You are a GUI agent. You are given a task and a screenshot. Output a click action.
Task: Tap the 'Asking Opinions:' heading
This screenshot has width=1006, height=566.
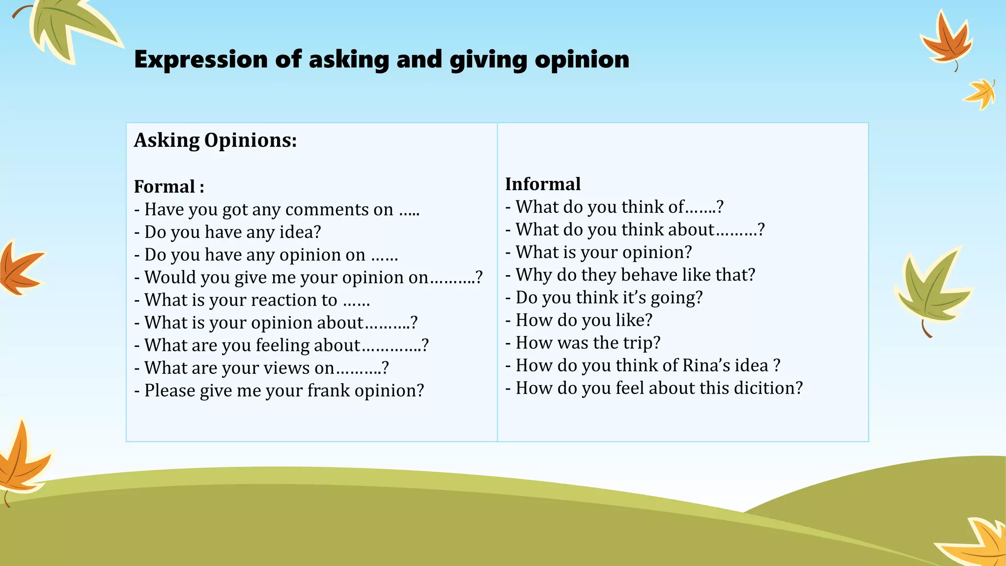215,141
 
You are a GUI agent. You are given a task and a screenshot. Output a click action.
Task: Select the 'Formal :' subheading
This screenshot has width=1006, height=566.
169,187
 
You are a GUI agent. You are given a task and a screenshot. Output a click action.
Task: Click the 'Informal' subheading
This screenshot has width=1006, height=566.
543,184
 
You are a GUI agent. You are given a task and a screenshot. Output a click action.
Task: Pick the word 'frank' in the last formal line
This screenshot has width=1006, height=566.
329,391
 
